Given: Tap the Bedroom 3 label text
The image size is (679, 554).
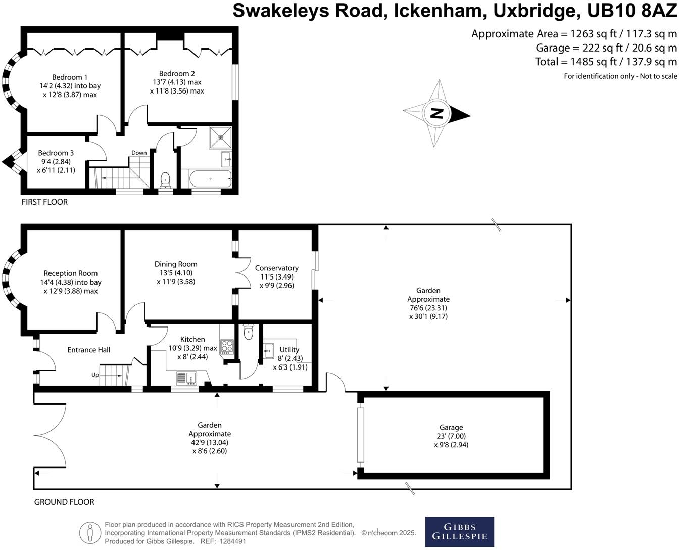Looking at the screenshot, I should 56,153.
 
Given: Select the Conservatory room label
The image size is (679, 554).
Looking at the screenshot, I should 276,268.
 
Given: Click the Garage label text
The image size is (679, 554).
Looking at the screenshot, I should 451,427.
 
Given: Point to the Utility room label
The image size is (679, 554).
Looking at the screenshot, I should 289,349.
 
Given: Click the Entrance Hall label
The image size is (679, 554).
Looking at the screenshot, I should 89,350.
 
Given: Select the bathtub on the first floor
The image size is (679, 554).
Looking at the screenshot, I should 210,178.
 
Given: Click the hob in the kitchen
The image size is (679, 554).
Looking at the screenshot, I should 227,347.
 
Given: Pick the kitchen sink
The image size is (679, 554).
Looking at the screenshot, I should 186,378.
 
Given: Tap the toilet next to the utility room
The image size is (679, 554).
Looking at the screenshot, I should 248,331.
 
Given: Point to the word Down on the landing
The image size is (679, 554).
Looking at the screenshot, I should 139,153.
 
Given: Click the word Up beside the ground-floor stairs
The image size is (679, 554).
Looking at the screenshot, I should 95,375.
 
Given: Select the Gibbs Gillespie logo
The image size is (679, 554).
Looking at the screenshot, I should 459,531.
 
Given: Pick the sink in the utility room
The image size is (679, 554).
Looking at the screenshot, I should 269,350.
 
